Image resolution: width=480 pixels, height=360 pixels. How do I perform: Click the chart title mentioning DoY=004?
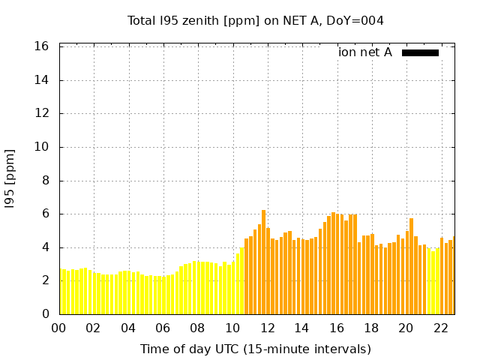coord(256,21)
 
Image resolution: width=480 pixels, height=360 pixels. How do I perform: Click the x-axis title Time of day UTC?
coord(256,349)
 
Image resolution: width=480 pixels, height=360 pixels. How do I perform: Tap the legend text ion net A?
coord(365,52)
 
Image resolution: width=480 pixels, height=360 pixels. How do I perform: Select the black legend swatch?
coord(420,52)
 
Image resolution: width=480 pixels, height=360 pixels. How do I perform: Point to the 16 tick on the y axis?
coord(42,46)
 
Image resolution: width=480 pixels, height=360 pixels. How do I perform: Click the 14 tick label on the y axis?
coord(42,80)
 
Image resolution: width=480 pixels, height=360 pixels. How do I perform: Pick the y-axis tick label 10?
coord(42,147)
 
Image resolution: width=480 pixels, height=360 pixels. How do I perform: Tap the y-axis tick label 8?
coord(45,181)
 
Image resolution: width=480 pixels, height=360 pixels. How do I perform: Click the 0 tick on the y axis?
coord(45,314)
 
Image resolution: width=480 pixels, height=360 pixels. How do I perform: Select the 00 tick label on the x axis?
coord(59,328)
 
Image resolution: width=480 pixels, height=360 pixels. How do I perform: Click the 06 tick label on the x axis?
coord(163,328)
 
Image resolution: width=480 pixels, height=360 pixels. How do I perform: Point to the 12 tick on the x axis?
coord(267,328)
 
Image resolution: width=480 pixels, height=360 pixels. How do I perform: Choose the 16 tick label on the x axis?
coord(337,328)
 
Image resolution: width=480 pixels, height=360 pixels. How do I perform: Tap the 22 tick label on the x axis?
coord(441,328)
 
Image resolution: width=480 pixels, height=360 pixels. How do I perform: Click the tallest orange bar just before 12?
coord(263,262)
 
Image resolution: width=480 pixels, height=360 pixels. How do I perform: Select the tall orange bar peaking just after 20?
coord(411,266)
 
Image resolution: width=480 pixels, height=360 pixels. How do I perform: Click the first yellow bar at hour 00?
coord(61,292)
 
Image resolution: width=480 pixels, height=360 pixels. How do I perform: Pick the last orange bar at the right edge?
coord(454,276)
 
